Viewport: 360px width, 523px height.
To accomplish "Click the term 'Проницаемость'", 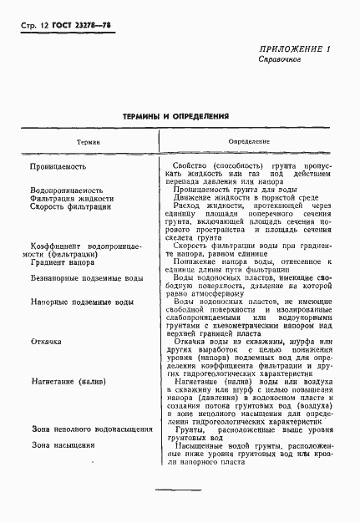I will point(58,167).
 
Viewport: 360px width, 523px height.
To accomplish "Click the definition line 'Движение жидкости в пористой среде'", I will point(235,198).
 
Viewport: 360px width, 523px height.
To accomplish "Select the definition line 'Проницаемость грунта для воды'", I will point(229,190).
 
